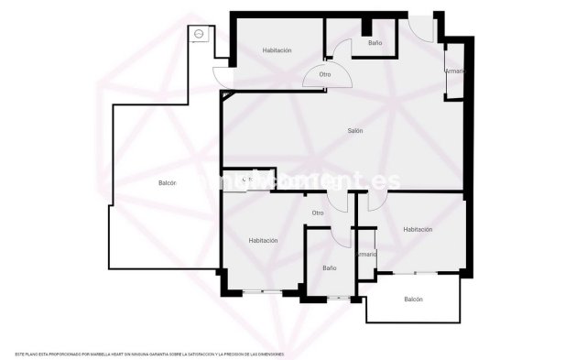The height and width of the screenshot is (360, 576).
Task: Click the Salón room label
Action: [354, 131]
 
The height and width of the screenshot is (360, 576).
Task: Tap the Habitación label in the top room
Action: [277, 50]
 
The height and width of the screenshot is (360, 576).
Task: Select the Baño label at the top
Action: [375, 43]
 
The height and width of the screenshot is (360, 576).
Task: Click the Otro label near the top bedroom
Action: [325, 74]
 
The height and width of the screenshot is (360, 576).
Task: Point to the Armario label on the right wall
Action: [455, 71]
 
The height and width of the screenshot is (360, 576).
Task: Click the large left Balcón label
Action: [167, 183]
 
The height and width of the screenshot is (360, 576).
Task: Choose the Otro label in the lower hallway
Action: [318, 213]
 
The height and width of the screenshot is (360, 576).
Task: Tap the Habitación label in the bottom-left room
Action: [263, 240]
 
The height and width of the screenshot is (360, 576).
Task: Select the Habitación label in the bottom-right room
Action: [418, 230]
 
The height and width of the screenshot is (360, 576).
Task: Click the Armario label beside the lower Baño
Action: [367, 254]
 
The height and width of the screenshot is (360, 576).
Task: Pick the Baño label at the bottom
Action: [330, 268]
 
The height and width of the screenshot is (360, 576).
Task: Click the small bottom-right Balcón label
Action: [413, 300]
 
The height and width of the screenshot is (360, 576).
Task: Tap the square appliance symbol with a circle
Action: [199, 34]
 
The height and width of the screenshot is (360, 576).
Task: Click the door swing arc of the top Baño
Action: [341, 50]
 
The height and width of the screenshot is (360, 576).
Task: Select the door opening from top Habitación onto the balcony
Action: [222, 77]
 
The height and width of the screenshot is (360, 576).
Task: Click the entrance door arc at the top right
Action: [422, 30]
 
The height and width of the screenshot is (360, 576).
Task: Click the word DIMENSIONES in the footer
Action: [266, 354]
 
